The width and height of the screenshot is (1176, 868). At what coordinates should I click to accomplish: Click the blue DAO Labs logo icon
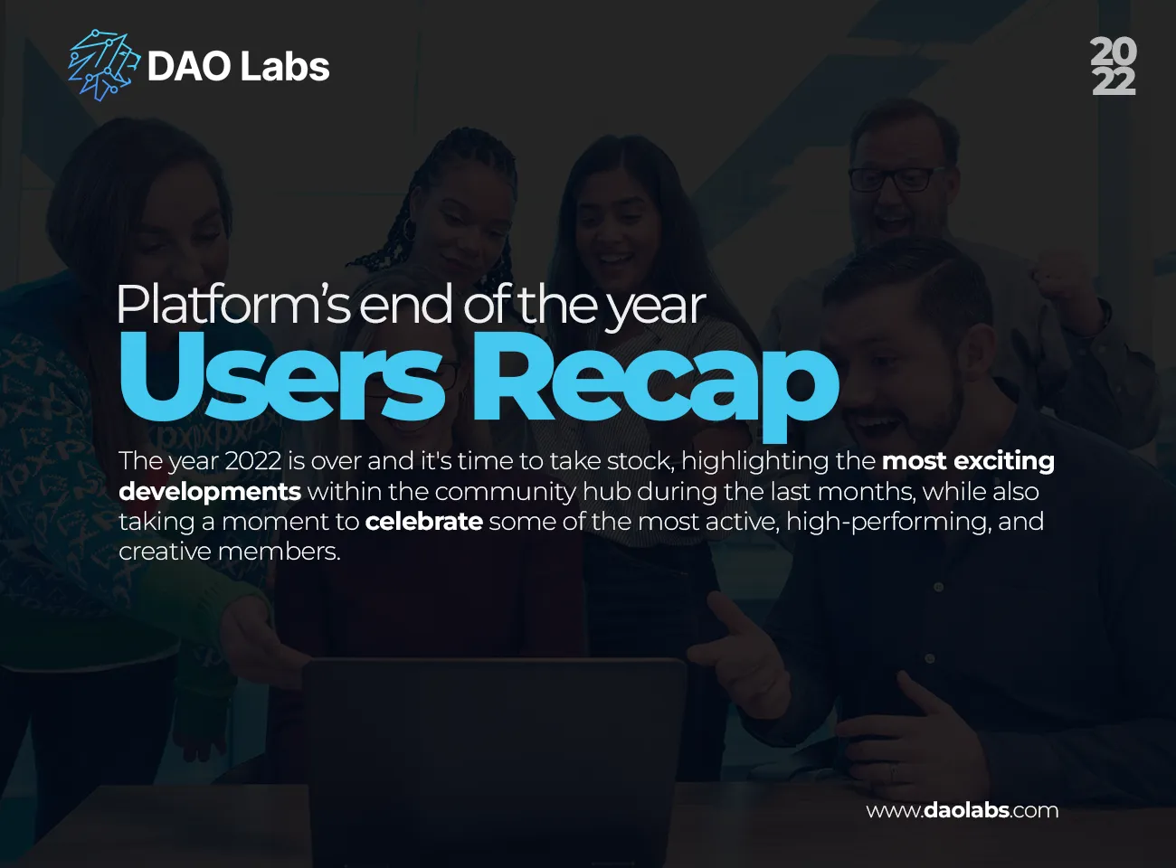coord(103,65)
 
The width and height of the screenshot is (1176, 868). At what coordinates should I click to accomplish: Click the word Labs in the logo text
coord(288,67)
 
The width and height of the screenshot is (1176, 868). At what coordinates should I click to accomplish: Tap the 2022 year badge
coord(1113,66)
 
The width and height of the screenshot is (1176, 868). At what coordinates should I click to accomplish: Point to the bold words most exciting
coord(968,461)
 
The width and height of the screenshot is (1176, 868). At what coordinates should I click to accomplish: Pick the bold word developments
coord(210,492)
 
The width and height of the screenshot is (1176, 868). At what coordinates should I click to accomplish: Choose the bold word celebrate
coord(423,522)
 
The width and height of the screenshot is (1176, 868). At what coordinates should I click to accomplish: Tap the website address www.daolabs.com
coord(962,810)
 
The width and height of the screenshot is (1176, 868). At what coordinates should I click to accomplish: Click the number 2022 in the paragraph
coord(252,461)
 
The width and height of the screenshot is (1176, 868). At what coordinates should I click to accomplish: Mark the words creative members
coord(229,552)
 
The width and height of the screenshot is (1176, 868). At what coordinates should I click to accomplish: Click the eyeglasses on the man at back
coord(891,178)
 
